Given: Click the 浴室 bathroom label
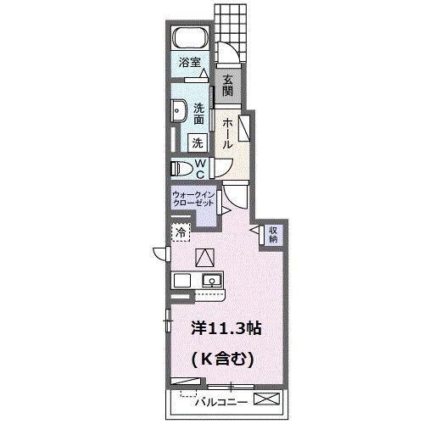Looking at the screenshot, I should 189,63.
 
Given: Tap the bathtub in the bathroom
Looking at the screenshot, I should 189,38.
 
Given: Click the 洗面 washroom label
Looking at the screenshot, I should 198,114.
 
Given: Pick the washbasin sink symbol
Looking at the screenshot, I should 179,112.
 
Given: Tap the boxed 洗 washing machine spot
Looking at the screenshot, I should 197,143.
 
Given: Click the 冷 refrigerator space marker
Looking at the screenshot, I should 181,232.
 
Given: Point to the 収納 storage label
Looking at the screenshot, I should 274,235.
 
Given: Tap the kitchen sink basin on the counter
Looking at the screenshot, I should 210,281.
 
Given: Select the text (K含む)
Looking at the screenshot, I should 222,359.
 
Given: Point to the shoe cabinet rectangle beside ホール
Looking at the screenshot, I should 244,130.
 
